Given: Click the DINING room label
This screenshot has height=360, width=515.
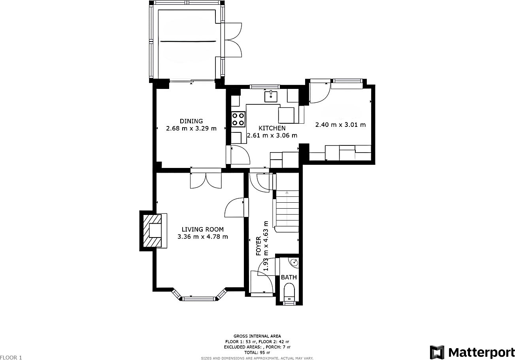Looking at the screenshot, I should click(191, 121).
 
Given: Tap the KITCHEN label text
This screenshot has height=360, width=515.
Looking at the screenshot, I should click(272, 128).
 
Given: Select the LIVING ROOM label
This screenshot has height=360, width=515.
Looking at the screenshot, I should click(202, 229).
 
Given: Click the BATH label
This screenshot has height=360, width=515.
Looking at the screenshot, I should click(289, 277).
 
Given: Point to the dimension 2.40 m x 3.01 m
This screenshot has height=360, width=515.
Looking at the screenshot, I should click(340, 125).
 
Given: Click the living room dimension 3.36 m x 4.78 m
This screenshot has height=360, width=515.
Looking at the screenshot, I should click(202, 237).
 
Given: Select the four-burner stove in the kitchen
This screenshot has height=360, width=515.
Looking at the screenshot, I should click(238, 119).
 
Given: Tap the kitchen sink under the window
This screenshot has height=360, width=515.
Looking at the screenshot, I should click(271, 95).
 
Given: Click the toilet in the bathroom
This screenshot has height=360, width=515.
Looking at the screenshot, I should click(290, 292).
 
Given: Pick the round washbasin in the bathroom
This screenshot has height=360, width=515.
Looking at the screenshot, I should click(294, 262).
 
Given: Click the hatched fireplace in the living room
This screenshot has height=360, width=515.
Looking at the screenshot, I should click(152, 231).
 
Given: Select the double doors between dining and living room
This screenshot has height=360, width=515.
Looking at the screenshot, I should click(206, 180).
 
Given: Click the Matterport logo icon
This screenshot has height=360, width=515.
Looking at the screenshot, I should click(437, 352).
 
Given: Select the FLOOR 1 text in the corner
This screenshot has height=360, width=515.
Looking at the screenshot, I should click(11, 358).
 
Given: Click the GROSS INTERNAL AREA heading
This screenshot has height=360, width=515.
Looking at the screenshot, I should click(257, 336).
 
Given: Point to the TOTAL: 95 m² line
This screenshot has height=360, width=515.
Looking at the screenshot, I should click(257, 352).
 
